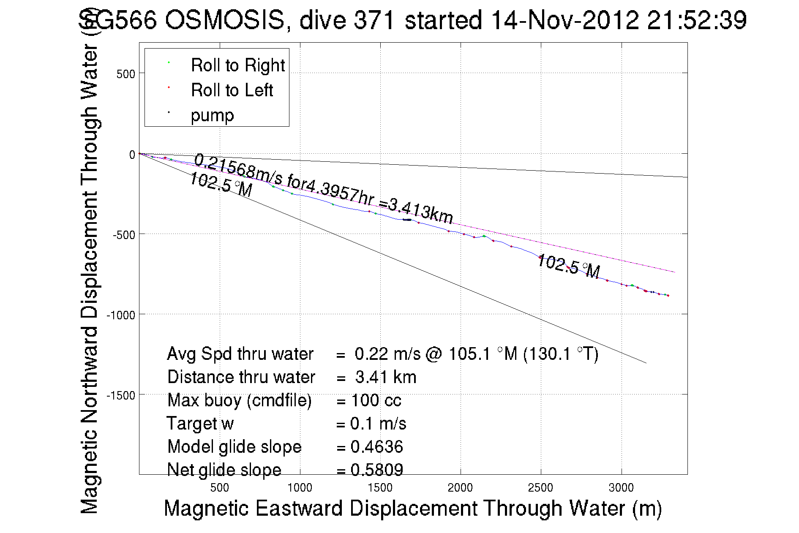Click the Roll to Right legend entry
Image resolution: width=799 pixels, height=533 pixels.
(237, 65)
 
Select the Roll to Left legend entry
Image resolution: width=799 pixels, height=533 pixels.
(232, 90)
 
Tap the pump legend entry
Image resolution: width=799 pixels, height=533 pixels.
(212, 115)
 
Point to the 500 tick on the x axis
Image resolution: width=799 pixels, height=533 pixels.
(219, 488)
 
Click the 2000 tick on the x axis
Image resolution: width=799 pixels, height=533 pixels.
(460, 488)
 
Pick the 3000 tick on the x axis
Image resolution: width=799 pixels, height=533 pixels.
(621, 488)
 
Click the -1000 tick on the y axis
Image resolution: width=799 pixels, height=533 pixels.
(121, 315)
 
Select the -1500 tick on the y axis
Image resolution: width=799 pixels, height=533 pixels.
(121, 395)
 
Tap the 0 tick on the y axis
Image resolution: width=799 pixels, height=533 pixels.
(132, 155)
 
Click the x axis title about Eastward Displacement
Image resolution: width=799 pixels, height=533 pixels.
(412, 508)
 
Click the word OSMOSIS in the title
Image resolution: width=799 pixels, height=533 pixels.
(224, 20)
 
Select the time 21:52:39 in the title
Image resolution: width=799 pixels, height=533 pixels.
(697, 20)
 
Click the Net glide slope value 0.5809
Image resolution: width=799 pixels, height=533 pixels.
(376, 470)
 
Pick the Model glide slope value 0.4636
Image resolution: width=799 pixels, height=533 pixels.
(376, 447)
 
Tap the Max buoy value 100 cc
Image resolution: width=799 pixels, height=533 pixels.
(376, 400)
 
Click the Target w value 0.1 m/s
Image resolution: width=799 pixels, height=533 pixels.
(378, 424)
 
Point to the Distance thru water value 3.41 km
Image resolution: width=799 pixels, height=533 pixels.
(385, 377)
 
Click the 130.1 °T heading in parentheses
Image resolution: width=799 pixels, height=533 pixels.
(560, 354)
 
